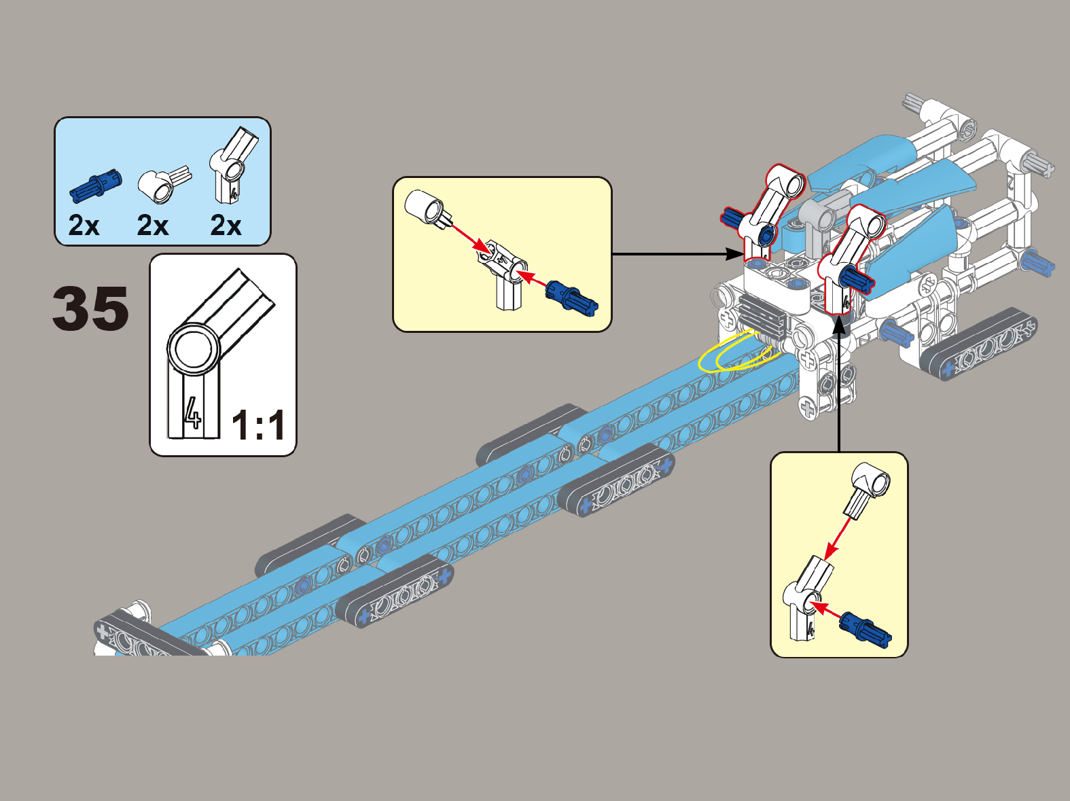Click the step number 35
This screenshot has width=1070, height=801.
90,308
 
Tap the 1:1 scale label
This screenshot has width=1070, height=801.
258,425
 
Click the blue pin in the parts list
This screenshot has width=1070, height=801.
96,185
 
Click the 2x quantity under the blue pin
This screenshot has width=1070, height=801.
84,226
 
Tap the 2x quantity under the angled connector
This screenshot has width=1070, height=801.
226,226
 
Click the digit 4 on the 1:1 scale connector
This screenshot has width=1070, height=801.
193,412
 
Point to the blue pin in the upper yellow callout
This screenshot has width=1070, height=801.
572,298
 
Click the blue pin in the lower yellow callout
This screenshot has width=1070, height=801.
865,628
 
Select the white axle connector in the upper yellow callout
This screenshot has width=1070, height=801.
427,207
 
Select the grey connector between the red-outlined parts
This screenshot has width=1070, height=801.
818,217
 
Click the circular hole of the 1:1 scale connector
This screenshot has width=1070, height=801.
194,349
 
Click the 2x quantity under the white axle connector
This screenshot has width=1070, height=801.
153,226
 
